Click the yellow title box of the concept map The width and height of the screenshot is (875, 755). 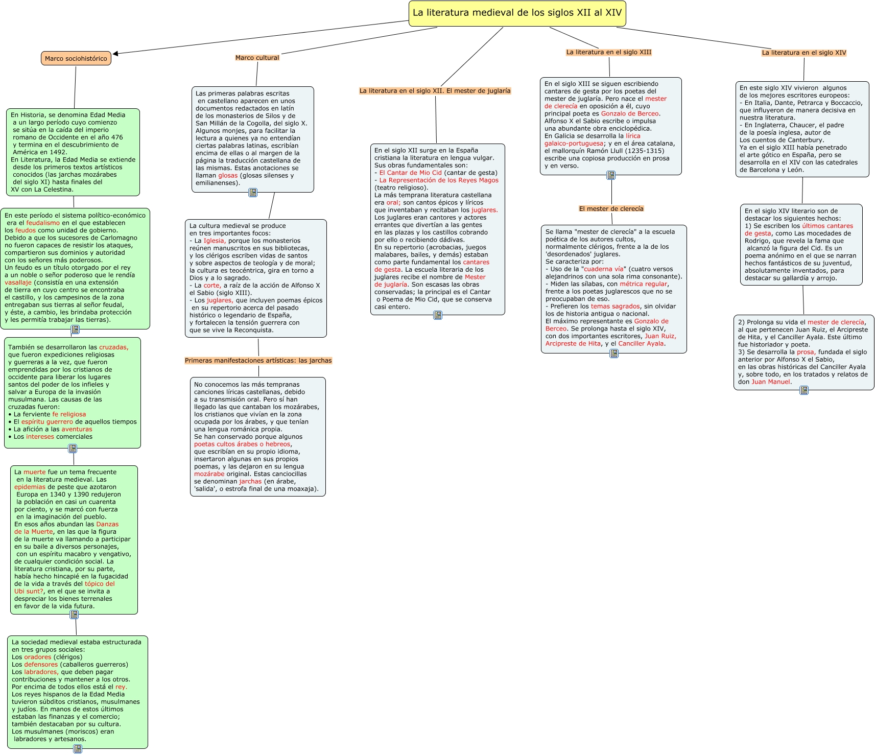[517, 13]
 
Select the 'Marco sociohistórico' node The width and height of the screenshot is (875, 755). [76, 58]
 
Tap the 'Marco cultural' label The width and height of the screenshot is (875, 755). [257, 58]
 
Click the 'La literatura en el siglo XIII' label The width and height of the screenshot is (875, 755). [608, 52]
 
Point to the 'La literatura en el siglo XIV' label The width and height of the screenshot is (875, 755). [803, 53]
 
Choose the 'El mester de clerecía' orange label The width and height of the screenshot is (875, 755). [611, 208]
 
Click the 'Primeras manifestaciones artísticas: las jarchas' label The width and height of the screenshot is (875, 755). [258, 361]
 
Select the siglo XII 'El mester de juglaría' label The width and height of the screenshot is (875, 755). [435, 91]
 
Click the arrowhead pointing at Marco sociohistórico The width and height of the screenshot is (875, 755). [116, 53]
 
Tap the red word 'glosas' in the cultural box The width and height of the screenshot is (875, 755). [228, 175]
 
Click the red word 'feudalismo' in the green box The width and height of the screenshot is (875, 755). [43, 223]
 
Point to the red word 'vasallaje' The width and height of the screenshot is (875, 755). [18, 282]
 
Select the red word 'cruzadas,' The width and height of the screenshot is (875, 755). [113, 347]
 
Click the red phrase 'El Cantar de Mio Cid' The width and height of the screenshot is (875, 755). [410, 173]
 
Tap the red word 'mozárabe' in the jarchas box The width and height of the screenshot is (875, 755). [209, 474]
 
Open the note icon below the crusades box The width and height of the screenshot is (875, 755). [73, 449]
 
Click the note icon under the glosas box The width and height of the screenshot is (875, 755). [252, 193]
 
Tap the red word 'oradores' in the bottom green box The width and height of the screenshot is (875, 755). [38, 657]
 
